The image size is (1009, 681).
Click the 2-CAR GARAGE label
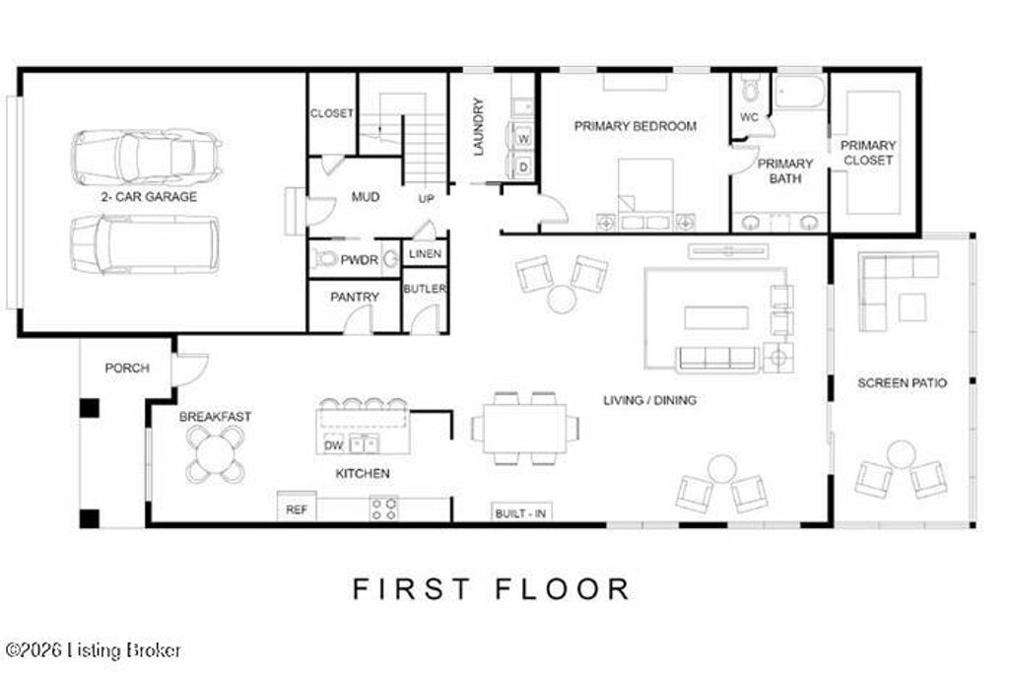(148, 197)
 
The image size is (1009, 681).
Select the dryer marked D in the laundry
(522, 166)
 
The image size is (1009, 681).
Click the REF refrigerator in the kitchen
(296, 510)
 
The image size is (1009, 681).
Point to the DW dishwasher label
(333, 444)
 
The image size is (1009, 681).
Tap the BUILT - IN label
(521, 513)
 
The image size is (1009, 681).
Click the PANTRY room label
(355, 297)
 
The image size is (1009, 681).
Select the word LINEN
(425, 254)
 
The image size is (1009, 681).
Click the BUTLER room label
(425, 289)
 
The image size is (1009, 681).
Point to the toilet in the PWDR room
(323, 259)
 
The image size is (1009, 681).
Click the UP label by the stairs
(426, 199)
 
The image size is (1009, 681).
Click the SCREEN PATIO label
(902, 382)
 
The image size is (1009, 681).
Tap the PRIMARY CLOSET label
(868, 153)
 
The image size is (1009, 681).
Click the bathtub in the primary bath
(798, 93)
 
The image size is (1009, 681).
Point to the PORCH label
(127, 369)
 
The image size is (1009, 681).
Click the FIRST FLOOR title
(491, 589)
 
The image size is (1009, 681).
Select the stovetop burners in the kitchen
(384, 508)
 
